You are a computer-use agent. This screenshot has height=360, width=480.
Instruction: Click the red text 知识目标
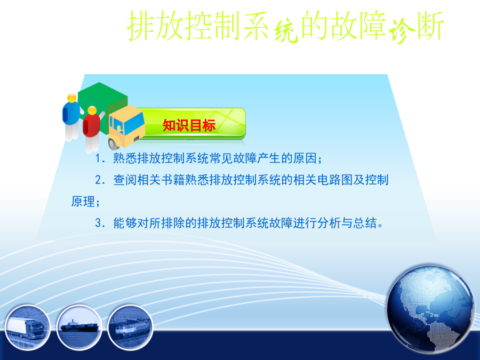coord(189,125)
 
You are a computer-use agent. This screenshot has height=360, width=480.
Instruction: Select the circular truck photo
coord(27,327)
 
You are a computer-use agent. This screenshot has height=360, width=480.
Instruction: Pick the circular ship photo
coord(79,327)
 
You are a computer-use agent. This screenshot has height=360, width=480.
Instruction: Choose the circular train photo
coord(131,327)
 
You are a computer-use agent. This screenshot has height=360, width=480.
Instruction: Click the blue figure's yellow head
coord(72,98)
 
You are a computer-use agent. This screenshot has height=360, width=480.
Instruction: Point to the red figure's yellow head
coord(92,110)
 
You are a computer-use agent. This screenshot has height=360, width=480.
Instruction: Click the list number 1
coord(98,158)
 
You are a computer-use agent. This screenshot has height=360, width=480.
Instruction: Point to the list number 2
coord(99,180)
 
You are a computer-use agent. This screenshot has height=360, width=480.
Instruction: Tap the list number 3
coord(99,223)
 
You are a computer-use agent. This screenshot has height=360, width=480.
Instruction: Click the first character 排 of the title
coord(141,26)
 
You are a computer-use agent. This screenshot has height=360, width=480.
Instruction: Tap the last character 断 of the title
coord(430,26)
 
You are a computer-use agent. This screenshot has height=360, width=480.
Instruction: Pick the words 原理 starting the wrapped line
coord(83,202)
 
